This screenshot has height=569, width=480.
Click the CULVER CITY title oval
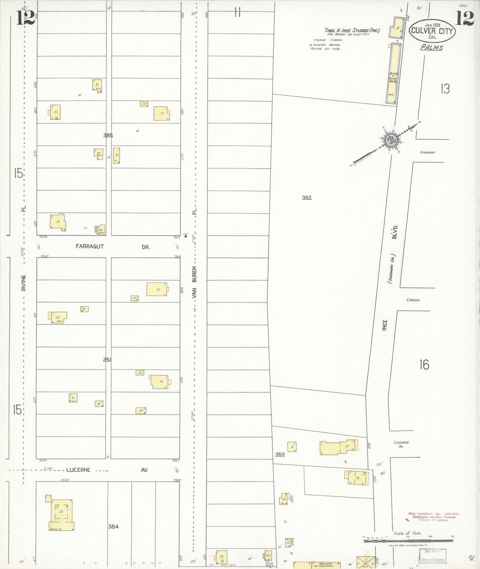pos(432,31)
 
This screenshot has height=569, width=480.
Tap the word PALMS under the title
pos(432,47)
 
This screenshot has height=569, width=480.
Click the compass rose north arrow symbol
pos(391,140)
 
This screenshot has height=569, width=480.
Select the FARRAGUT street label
pos(90,246)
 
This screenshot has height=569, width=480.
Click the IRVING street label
pos(23,283)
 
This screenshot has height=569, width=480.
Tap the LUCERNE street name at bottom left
pos(78,470)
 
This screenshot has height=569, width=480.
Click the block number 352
pos(307,198)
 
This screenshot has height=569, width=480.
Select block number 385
pos(108,135)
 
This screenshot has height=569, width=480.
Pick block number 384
pos(113,526)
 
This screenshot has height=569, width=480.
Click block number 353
pos(280,454)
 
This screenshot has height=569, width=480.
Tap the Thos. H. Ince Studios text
pos(352,30)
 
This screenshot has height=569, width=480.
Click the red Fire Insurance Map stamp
pos(433,517)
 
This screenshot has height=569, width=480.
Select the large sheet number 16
pos(424,365)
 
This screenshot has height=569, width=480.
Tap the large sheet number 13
pos(445,89)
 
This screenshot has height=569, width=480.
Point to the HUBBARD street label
pos(427,152)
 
